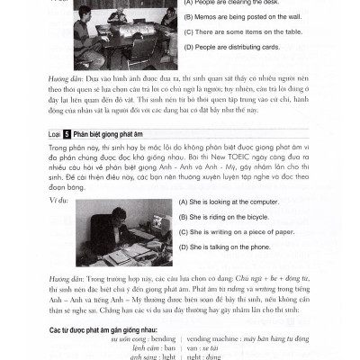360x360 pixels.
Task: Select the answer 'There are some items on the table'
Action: pyautogui.click(x=241, y=31)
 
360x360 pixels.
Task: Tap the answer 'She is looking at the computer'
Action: pyautogui.click(x=230, y=202)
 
